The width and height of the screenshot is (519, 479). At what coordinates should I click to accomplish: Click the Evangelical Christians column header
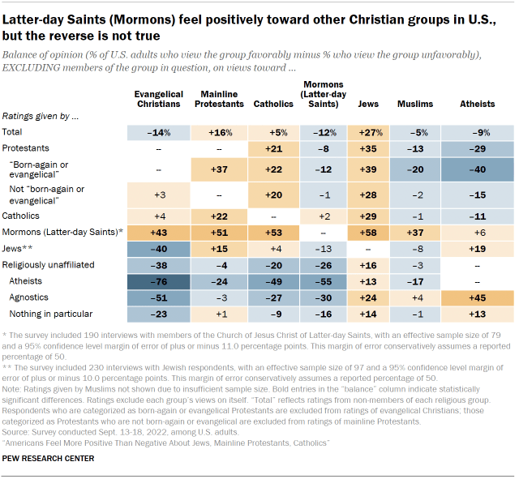pyautogui.click(x=160, y=99)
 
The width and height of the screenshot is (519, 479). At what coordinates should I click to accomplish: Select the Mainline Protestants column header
pyautogui.click(x=220, y=99)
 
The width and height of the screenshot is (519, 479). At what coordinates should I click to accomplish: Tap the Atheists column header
pyautogui.click(x=478, y=104)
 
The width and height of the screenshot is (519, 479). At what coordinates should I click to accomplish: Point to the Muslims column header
pyautogui.click(x=416, y=104)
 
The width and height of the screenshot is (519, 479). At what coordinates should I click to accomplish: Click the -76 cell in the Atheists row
pyautogui.click(x=160, y=282)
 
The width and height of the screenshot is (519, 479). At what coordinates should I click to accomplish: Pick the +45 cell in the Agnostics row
pyautogui.click(x=478, y=297)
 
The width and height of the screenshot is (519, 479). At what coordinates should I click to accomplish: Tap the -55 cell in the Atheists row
pyautogui.click(x=323, y=282)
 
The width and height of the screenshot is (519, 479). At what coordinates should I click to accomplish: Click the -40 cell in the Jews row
pyautogui.click(x=160, y=248)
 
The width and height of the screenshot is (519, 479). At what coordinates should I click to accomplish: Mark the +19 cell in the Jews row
pyautogui.click(x=478, y=248)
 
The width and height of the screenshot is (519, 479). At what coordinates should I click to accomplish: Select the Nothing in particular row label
pyautogui.click(x=50, y=313)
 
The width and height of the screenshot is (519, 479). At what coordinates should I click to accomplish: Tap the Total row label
pyautogui.click(x=13, y=131)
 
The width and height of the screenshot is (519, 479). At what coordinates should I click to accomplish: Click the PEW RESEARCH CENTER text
pyautogui.click(x=48, y=459)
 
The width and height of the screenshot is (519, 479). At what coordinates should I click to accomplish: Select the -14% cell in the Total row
pyautogui.click(x=160, y=131)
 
